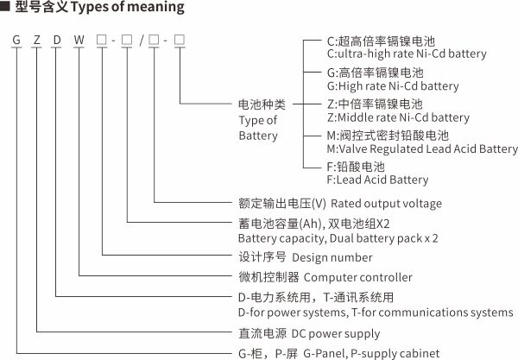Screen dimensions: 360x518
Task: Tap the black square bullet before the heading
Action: click(x=7, y=8)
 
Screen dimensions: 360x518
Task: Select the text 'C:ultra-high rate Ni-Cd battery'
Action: click(x=407, y=54)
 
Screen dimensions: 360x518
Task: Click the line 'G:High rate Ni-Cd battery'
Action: click(x=393, y=86)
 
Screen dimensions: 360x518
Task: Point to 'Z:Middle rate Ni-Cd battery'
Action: click(x=398, y=117)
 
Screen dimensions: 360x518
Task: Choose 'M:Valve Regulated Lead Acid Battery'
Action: click(x=422, y=148)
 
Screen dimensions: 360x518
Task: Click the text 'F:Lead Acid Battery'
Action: click(x=377, y=180)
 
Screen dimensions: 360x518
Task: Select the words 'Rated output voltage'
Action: click(x=386, y=204)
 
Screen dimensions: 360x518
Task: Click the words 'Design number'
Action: click(x=332, y=257)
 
